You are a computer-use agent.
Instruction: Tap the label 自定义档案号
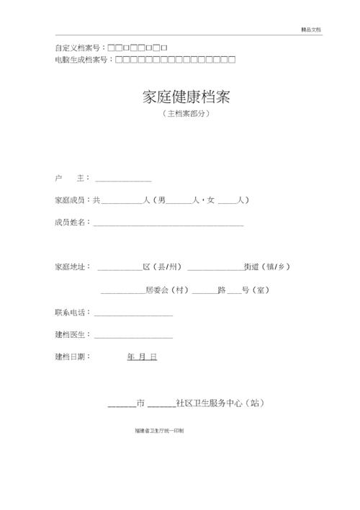point(78,48)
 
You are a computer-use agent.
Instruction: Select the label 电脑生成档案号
point(83,59)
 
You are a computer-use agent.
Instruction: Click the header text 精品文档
point(311,30)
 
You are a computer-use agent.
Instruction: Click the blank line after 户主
point(124,179)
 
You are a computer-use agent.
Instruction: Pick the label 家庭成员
point(71,200)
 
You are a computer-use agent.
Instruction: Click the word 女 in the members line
point(211,200)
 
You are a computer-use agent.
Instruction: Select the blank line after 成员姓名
point(168,224)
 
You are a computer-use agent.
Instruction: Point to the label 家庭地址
point(71,267)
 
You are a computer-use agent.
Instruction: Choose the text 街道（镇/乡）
point(267,267)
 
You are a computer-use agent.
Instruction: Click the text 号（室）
point(256,290)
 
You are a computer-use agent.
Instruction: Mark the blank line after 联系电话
point(133,314)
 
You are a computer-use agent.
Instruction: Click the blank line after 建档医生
point(133,336)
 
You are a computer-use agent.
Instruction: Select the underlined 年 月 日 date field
point(142,357)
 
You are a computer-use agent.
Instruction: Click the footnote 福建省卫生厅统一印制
point(159,430)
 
